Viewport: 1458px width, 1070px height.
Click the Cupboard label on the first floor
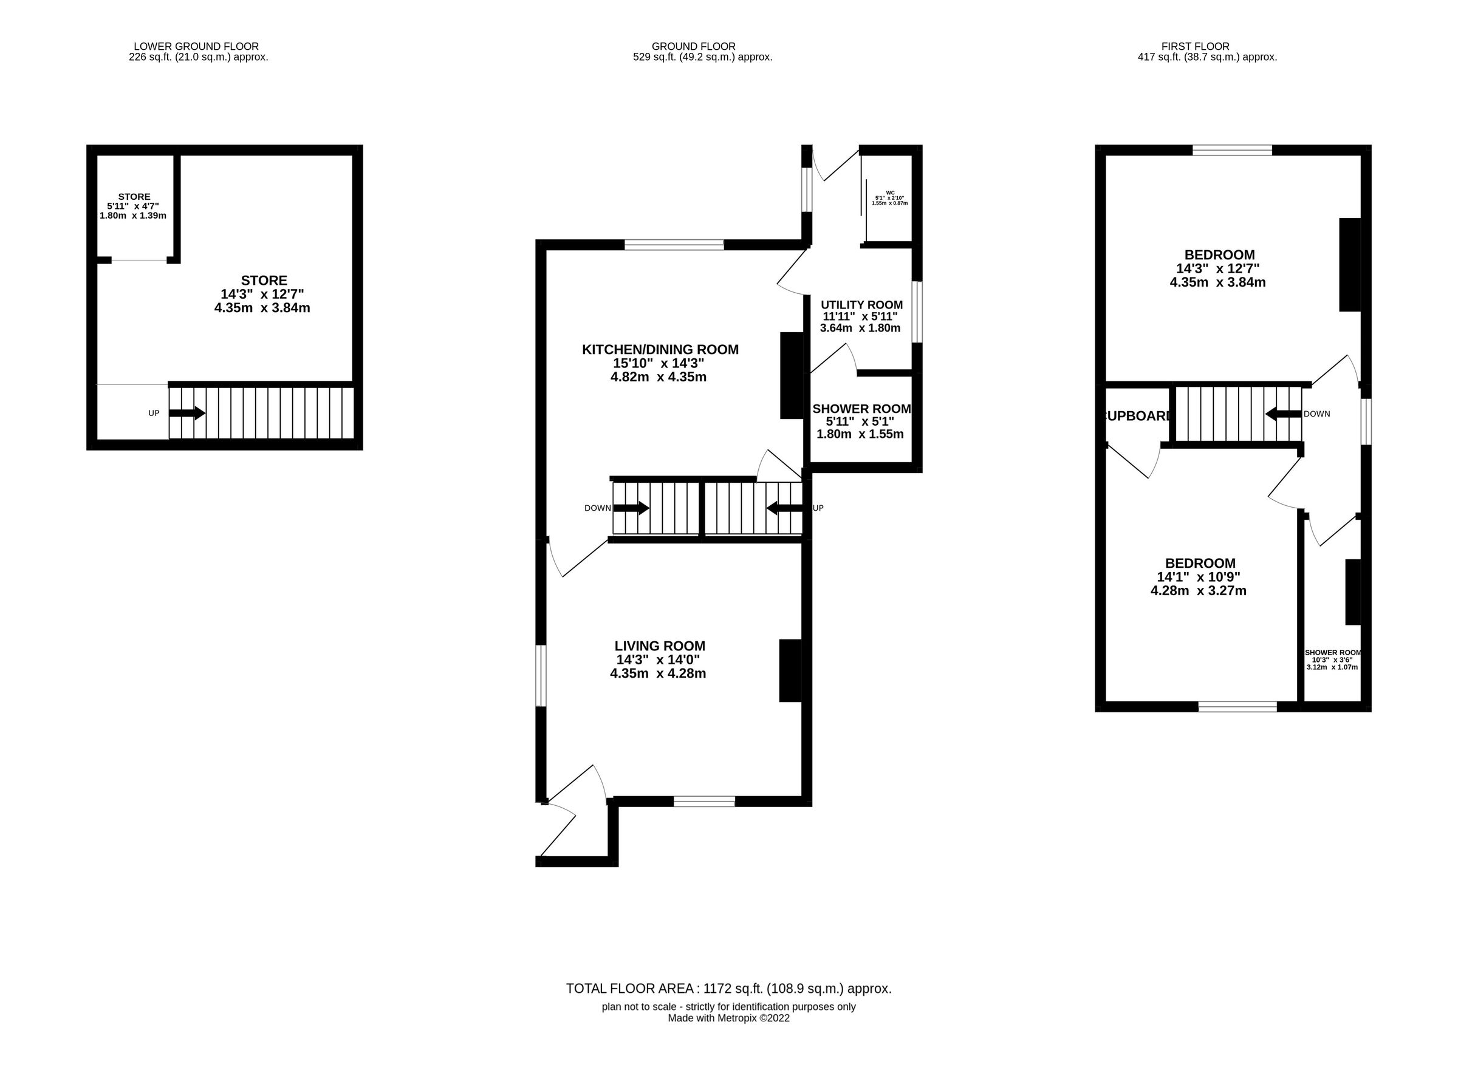coord(1137,417)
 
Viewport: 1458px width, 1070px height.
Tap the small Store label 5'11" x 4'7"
coord(134,206)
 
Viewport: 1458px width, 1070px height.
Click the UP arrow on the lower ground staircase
coord(187,413)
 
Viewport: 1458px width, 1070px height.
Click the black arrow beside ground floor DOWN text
coord(631,508)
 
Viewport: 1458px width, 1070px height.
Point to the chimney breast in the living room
coord(789,670)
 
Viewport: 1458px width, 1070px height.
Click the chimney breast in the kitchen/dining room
coord(791,376)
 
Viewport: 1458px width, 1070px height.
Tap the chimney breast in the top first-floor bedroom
coord(1349,264)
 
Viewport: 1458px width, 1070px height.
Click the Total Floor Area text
coord(728,989)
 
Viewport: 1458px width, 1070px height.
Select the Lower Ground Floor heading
coord(196,47)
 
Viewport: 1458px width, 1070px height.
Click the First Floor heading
coord(1195,47)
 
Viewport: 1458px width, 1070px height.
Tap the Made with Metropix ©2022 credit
coord(728,1018)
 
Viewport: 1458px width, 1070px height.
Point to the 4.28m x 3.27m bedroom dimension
coord(1198,591)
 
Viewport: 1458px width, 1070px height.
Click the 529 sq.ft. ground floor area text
coord(702,57)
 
